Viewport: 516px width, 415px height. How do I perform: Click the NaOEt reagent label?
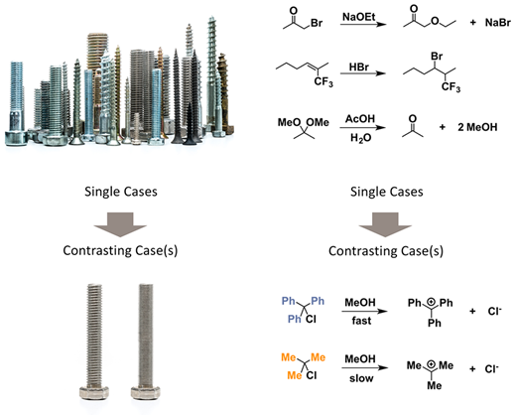[x=358, y=17]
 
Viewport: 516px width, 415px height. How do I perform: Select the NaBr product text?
[x=498, y=23]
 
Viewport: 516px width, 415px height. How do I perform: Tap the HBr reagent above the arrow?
[x=359, y=68]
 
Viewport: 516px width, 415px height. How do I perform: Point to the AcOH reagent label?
[x=360, y=118]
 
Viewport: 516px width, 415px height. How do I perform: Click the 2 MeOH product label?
[x=477, y=127]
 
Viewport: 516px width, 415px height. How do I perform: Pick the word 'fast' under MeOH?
[x=361, y=321]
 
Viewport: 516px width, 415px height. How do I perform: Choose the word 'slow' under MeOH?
[x=361, y=378]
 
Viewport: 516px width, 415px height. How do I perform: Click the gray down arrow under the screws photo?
[x=120, y=224]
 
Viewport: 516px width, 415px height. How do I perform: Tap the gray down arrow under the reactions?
[x=385, y=224]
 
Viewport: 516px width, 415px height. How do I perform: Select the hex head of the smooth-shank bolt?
[x=145, y=393]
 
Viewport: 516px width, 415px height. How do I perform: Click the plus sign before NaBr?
[x=473, y=23]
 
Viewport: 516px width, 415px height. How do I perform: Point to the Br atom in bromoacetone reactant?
[x=317, y=23]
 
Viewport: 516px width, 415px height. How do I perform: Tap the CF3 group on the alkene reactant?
[x=323, y=81]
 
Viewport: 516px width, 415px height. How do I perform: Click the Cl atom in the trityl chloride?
[x=311, y=319]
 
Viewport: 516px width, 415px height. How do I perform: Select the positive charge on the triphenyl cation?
[x=431, y=302]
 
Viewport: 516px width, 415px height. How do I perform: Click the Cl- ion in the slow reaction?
[x=492, y=368]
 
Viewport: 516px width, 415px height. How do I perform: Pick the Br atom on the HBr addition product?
[x=437, y=57]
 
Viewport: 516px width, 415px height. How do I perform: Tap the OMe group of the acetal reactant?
[x=318, y=122]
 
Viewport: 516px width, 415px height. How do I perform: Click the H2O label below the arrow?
[x=360, y=138]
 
